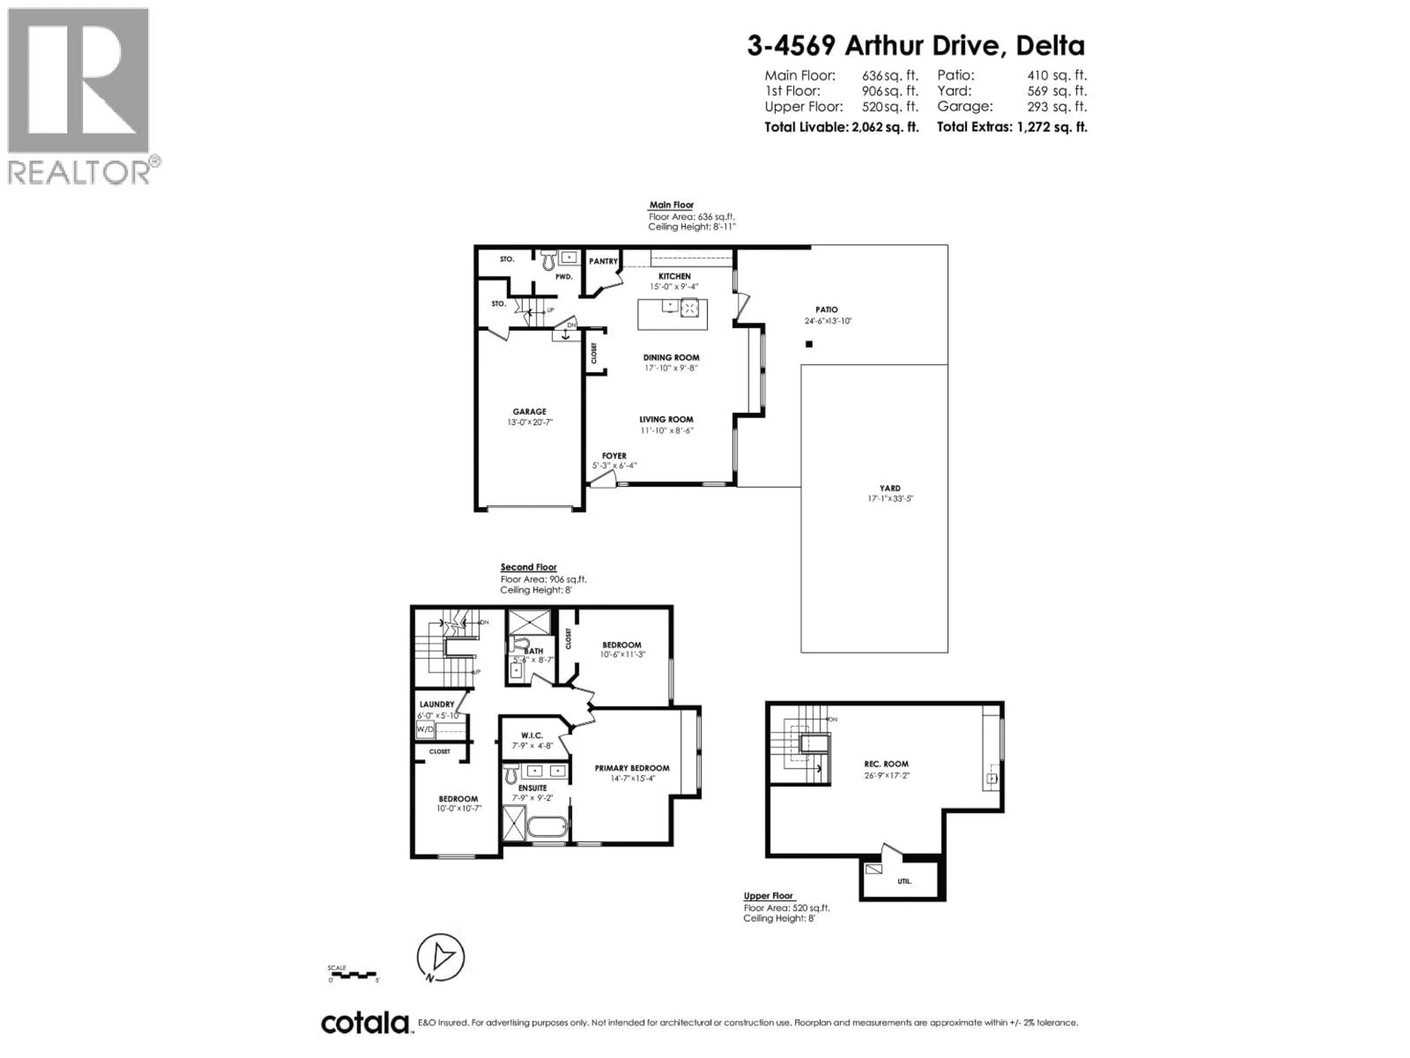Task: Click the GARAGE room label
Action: click(529, 412)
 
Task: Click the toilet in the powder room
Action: click(547, 260)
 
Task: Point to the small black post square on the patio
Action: click(809, 344)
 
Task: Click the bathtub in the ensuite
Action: click(547, 828)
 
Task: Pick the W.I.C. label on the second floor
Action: click(532, 735)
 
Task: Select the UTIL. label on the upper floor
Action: click(904, 881)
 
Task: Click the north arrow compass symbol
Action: click(441, 957)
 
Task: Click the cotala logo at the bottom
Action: click(365, 1023)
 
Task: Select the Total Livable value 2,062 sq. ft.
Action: click(885, 127)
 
